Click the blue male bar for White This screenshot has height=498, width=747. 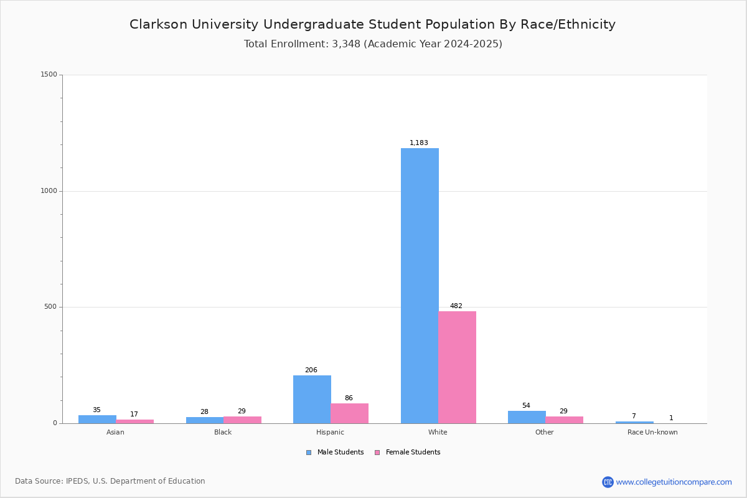click(420, 286)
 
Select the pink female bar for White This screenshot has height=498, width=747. click(457, 367)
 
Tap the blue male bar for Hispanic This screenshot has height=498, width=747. click(312, 399)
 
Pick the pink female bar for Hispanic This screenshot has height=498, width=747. click(349, 413)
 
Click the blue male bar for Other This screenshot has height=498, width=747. click(527, 417)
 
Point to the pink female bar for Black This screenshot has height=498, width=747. click(242, 420)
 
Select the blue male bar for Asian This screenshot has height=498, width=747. click(97, 420)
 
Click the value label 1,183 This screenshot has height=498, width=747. click(419, 143)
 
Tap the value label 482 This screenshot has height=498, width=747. click(456, 306)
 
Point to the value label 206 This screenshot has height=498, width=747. click(311, 370)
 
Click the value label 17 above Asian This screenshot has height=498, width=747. click(134, 415)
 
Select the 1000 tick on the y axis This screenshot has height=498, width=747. click(49, 190)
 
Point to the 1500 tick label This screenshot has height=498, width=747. click(49, 74)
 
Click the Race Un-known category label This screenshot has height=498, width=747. click(652, 432)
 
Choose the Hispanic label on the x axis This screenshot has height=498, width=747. click(330, 432)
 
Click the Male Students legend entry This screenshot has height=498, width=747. click(335, 453)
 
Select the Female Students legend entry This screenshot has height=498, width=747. click(408, 453)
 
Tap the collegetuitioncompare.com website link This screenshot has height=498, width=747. click(674, 482)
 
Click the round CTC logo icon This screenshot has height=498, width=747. click(608, 482)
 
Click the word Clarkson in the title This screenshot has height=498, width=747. click(158, 24)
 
